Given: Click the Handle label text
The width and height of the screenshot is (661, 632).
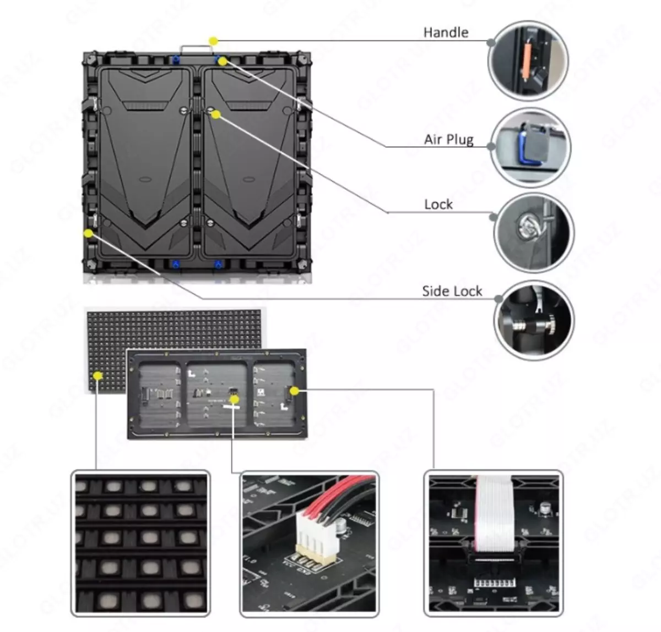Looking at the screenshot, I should (445, 32).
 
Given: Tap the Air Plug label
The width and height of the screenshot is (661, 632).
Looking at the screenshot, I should (448, 140).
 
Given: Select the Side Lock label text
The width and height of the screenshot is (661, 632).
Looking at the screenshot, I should (452, 291).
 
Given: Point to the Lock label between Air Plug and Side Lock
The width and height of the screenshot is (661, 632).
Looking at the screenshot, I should (438, 205).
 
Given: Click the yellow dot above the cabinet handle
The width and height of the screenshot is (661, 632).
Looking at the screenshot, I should (213, 41).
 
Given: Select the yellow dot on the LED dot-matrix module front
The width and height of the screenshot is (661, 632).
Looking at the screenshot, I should (98, 376).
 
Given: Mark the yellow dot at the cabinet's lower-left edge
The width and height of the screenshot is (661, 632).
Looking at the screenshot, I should (88, 233).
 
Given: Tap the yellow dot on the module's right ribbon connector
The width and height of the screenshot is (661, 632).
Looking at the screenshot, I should (295, 391).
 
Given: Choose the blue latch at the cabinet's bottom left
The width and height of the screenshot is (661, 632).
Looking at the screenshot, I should (176, 265).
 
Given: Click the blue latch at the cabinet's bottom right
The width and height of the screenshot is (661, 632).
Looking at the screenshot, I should (218, 265).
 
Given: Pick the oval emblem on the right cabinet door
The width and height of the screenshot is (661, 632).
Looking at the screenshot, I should (248, 179).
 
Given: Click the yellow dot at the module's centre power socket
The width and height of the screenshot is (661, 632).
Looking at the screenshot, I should (234, 399).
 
